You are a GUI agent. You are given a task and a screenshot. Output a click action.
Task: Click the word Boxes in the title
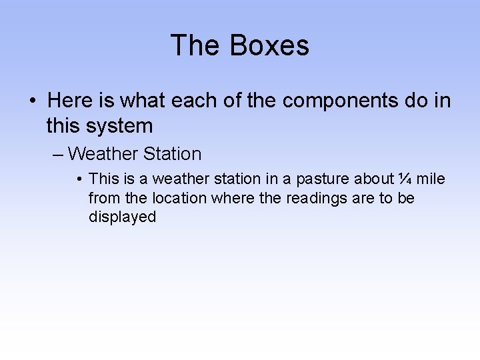coord(269,46)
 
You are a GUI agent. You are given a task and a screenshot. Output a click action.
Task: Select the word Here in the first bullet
coord(71,101)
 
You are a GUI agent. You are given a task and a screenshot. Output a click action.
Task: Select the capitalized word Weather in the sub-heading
coord(103,154)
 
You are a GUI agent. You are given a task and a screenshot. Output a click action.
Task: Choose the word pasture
coord(323,179)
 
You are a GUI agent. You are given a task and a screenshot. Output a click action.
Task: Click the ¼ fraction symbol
coord(404,179)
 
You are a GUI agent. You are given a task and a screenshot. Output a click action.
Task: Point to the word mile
coord(431,179)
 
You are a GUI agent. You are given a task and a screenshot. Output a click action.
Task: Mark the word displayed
coord(122,217)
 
